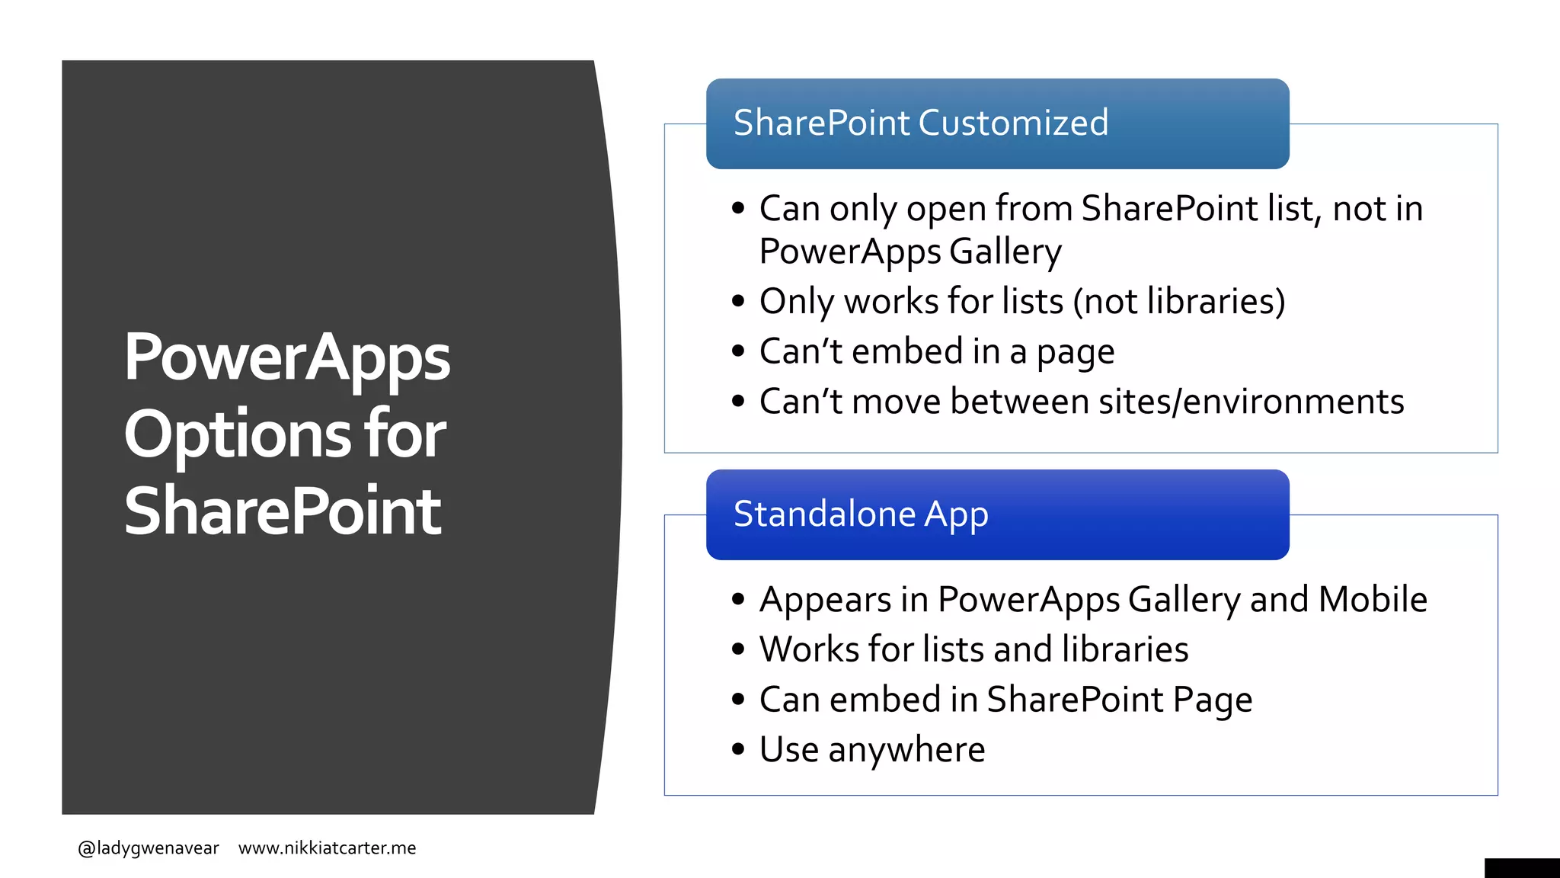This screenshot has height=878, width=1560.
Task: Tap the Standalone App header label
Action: coord(861,514)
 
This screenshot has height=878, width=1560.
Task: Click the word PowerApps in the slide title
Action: coord(286,357)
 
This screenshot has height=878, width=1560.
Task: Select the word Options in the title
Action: coord(237,434)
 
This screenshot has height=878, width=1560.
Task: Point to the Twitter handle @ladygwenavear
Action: coord(149,848)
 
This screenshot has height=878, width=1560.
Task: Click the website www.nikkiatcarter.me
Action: coord(327,848)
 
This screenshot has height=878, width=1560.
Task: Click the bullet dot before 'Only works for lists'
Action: coord(737,302)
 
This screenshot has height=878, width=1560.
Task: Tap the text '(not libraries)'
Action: coord(1178,301)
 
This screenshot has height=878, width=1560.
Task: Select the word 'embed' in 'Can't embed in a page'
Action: coord(906,351)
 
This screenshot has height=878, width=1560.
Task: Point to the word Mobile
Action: coord(1373,599)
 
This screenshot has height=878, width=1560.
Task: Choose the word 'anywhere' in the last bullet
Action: coord(906,751)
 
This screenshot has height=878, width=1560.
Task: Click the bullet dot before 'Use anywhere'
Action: coord(737,749)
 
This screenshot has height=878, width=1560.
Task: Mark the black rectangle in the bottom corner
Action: coord(1521,868)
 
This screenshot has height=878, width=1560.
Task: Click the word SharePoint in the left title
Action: coord(283,511)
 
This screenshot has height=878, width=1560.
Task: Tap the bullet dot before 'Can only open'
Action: coord(737,208)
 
